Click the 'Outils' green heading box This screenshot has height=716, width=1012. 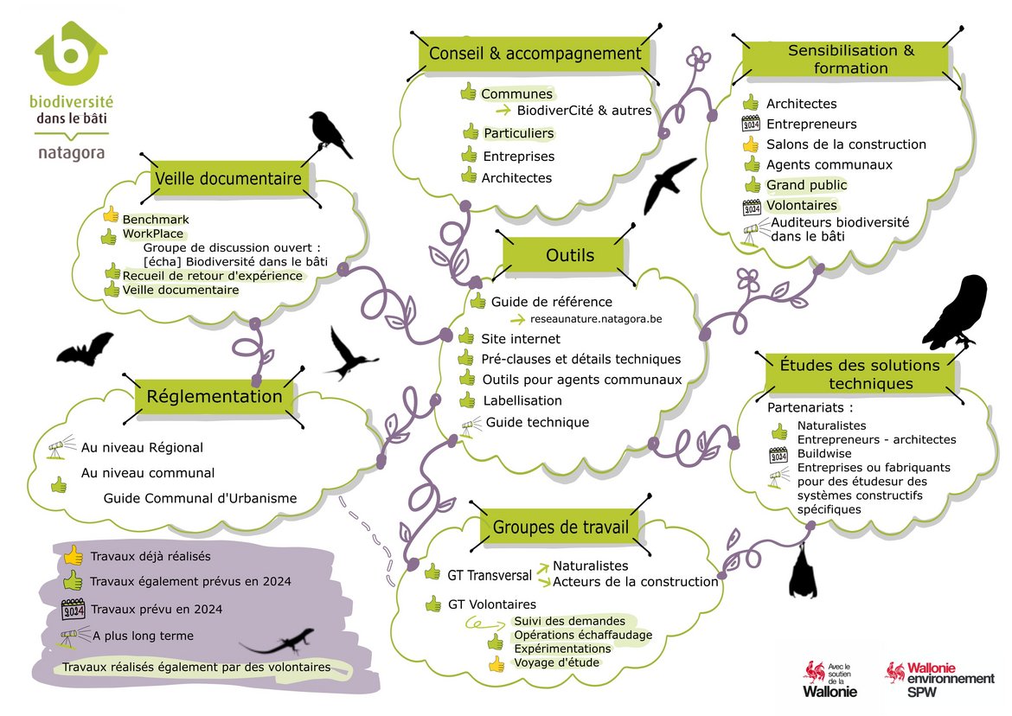[x=570, y=255]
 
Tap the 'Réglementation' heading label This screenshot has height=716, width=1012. [x=215, y=397]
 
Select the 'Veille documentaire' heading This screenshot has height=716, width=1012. [x=228, y=179]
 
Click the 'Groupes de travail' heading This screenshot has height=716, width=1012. [x=554, y=527]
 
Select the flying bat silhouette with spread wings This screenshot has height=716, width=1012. [x=85, y=348]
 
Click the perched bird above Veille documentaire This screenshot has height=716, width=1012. [x=330, y=133]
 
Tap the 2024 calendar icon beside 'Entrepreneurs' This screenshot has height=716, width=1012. [x=750, y=124]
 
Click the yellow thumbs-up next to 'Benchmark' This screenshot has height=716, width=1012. [x=111, y=215]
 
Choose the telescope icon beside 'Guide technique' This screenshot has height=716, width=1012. [x=471, y=425]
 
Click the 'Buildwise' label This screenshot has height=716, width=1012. [x=823, y=453]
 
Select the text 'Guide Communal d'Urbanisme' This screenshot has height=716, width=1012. [x=200, y=498]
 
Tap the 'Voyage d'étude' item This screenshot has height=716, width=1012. [x=556, y=662]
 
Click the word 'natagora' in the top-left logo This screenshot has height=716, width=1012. [x=72, y=152]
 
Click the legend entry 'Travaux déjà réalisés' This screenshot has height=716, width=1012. [x=150, y=556]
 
